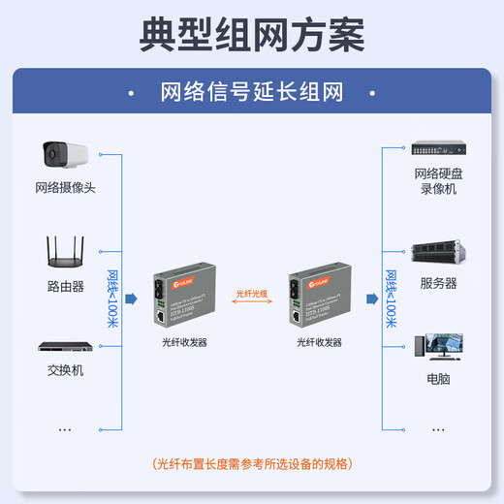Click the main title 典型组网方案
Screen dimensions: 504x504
point(252,34)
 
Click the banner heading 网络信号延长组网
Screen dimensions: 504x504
point(252,93)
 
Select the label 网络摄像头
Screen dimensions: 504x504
point(65,188)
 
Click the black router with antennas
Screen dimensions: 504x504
point(65,251)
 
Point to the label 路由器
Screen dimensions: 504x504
point(65,287)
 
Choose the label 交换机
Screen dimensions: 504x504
point(65,370)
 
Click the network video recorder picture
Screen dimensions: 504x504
point(439,149)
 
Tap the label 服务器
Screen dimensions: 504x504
point(439,284)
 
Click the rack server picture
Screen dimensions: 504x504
point(439,254)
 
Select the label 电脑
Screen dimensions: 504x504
point(438,379)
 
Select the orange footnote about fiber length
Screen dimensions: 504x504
point(252,464)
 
